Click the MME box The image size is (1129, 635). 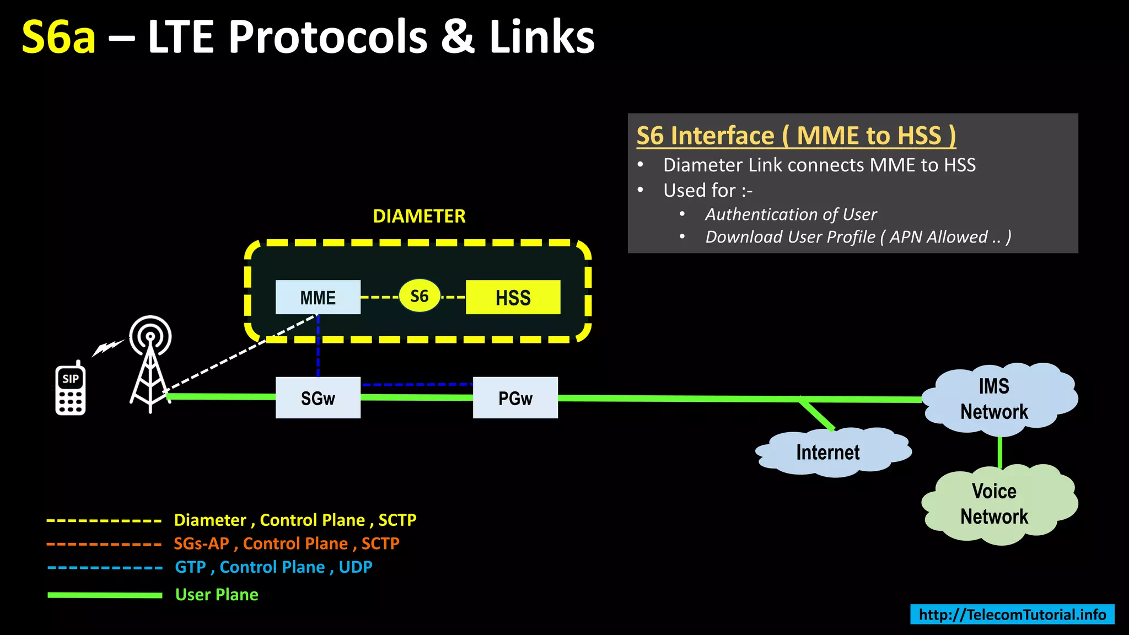(x=318, y=297)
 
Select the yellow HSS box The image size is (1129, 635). (x=513, y=297)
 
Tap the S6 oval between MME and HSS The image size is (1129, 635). (x=420, y=296)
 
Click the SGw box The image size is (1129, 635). (x=318, y=397)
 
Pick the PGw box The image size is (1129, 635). (x=515, y=397)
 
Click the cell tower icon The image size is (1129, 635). (x=150, y=364)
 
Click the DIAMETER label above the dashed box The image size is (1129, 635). (x=419, y=216)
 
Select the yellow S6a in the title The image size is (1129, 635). (x=58, y=37)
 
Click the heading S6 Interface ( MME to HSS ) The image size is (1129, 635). (x=795, y=136)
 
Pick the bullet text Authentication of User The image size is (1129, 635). (x=791, y=214)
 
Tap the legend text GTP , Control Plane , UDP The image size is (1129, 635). (x=273, y=567)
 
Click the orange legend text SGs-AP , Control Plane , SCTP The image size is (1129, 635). (x=286, y=543)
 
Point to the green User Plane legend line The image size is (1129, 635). (x=105, y=595)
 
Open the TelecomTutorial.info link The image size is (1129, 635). (x=1012, y=614)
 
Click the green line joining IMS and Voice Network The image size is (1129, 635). (x=999, y=452)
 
